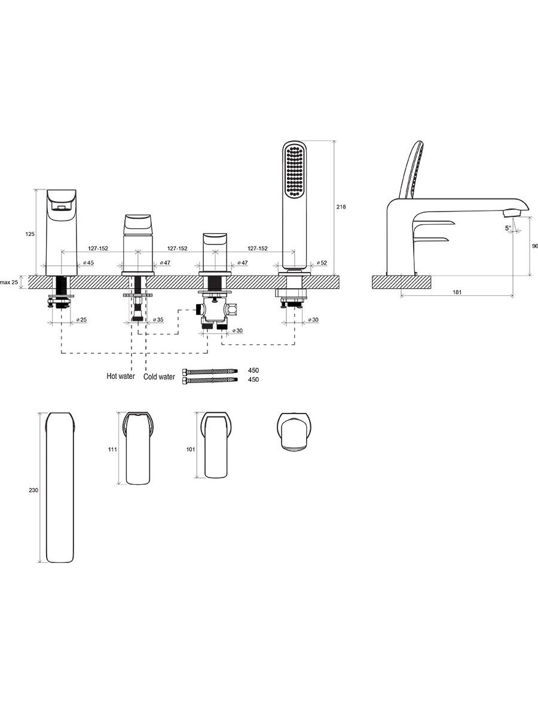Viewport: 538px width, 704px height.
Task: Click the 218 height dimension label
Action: (341, 207)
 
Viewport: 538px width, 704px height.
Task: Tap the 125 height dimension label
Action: (30, 234)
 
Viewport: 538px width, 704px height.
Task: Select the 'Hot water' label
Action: (120, 377)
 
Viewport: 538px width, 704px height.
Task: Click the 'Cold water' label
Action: (159, 377)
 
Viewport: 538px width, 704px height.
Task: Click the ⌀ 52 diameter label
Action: (322, 262)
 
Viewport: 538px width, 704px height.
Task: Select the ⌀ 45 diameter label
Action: (87, 262)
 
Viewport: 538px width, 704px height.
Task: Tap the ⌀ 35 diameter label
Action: (158, 320)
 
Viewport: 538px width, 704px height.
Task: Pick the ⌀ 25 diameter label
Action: (81, 320)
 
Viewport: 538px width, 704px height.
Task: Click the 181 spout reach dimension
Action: (457, 292)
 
